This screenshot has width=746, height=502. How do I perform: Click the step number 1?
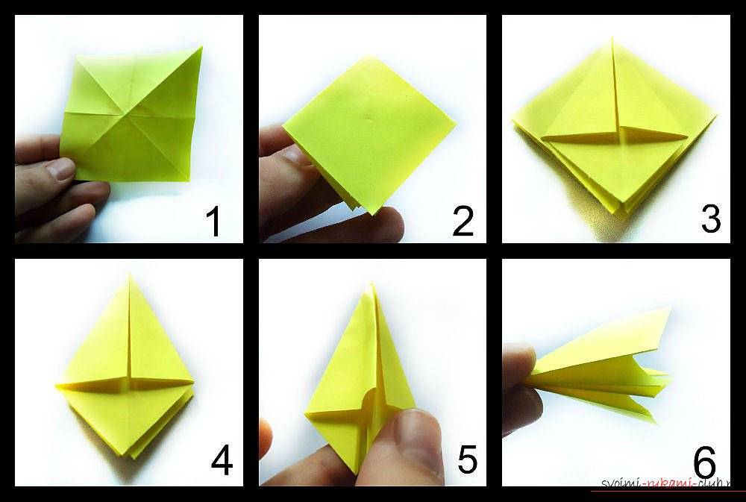213,222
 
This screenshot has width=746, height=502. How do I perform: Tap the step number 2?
463,222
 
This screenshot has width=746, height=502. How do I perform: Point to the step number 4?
222,462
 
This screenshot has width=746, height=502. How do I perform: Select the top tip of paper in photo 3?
612,39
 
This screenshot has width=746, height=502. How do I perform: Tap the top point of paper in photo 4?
129,274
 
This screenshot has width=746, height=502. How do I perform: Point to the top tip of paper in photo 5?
372,284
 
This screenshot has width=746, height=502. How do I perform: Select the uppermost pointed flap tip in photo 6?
670,308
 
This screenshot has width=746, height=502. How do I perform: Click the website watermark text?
666,483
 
